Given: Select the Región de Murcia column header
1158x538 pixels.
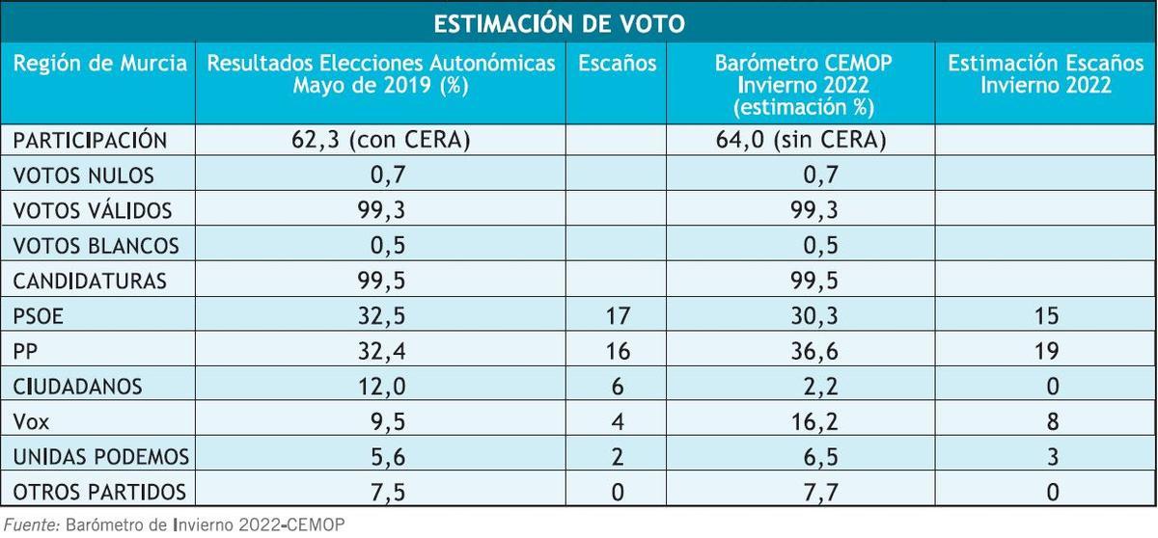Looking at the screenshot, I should [x=99, y=65].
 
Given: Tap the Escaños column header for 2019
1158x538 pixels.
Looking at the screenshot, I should [x=618, y=65].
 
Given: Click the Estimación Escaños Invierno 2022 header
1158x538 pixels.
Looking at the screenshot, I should [x=1045, y=74].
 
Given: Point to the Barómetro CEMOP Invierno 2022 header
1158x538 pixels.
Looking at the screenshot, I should [x=803, y=85].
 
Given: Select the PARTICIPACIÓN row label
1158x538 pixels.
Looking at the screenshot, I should [x=90, y=141].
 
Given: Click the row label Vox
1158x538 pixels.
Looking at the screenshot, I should [x=31, y=421].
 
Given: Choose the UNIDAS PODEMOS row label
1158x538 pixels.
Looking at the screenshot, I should [x=100, y=456].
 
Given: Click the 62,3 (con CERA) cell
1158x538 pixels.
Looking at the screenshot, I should [x=380, y=141].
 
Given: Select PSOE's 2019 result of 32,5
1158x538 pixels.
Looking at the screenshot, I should [x=380, y=316].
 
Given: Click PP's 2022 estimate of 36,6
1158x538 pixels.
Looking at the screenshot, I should [x=803, y=351].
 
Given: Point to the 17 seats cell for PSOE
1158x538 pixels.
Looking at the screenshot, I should [x=618, y=316].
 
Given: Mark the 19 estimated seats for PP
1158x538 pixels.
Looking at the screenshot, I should [x=1045, y=351].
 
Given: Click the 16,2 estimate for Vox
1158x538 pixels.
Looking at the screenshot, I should [x=803, y=421].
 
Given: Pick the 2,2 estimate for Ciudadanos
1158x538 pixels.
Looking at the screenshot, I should [x=803, y=387].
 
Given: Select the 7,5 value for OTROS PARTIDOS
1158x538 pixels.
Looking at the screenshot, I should [x=380, y=492].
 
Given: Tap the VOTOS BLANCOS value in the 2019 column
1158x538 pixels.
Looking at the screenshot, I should [x=380, y=246].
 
